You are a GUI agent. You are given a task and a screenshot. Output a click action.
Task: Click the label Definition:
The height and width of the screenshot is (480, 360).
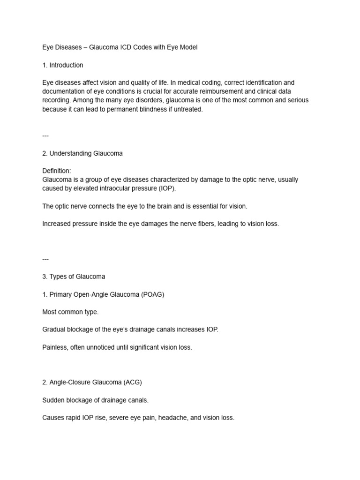56,171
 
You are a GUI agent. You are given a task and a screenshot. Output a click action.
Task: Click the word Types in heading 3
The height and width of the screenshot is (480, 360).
59,277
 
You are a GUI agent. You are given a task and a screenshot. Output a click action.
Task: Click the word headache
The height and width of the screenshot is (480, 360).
173,418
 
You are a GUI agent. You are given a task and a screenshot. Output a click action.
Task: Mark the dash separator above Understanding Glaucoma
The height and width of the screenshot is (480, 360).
45,136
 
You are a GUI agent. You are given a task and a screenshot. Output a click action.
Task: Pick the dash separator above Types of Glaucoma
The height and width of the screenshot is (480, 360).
45,259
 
